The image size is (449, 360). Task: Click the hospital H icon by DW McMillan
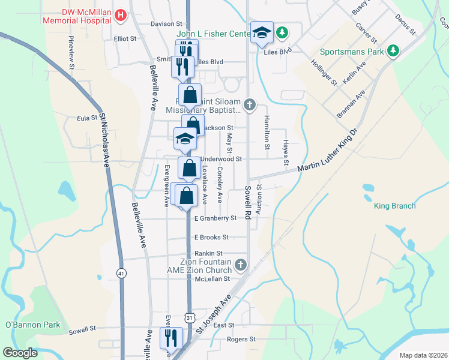(x=121, y=15)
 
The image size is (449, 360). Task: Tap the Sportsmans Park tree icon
(x=394, y=50)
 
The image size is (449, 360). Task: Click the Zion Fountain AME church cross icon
(x=241, y=264)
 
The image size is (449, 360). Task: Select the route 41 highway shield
(x=122, y=272)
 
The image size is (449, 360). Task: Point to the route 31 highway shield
(x=190, y=316)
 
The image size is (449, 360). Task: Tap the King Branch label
(x=394, y=206)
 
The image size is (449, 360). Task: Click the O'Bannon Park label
(x=33, y=325)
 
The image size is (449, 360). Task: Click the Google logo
(x=20, y=353)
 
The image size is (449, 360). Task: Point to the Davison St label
(x=166, y=24)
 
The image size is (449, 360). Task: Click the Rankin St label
(x=208, y=254)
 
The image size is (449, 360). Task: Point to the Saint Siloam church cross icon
(x=250, y=106)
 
